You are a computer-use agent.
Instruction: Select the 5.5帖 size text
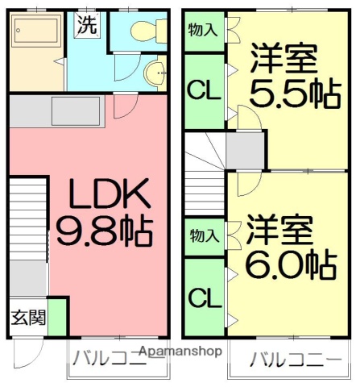(x=292, y=95)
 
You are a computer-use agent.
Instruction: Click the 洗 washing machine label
(x=86, y=23)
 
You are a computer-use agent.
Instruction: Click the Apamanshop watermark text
(x=182, y=352)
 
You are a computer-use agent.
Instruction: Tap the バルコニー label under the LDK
(x=106, y=357)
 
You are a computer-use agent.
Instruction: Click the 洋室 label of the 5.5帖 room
(x=283, y=59)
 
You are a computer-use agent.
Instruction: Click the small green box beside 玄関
(x=59, y=316)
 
